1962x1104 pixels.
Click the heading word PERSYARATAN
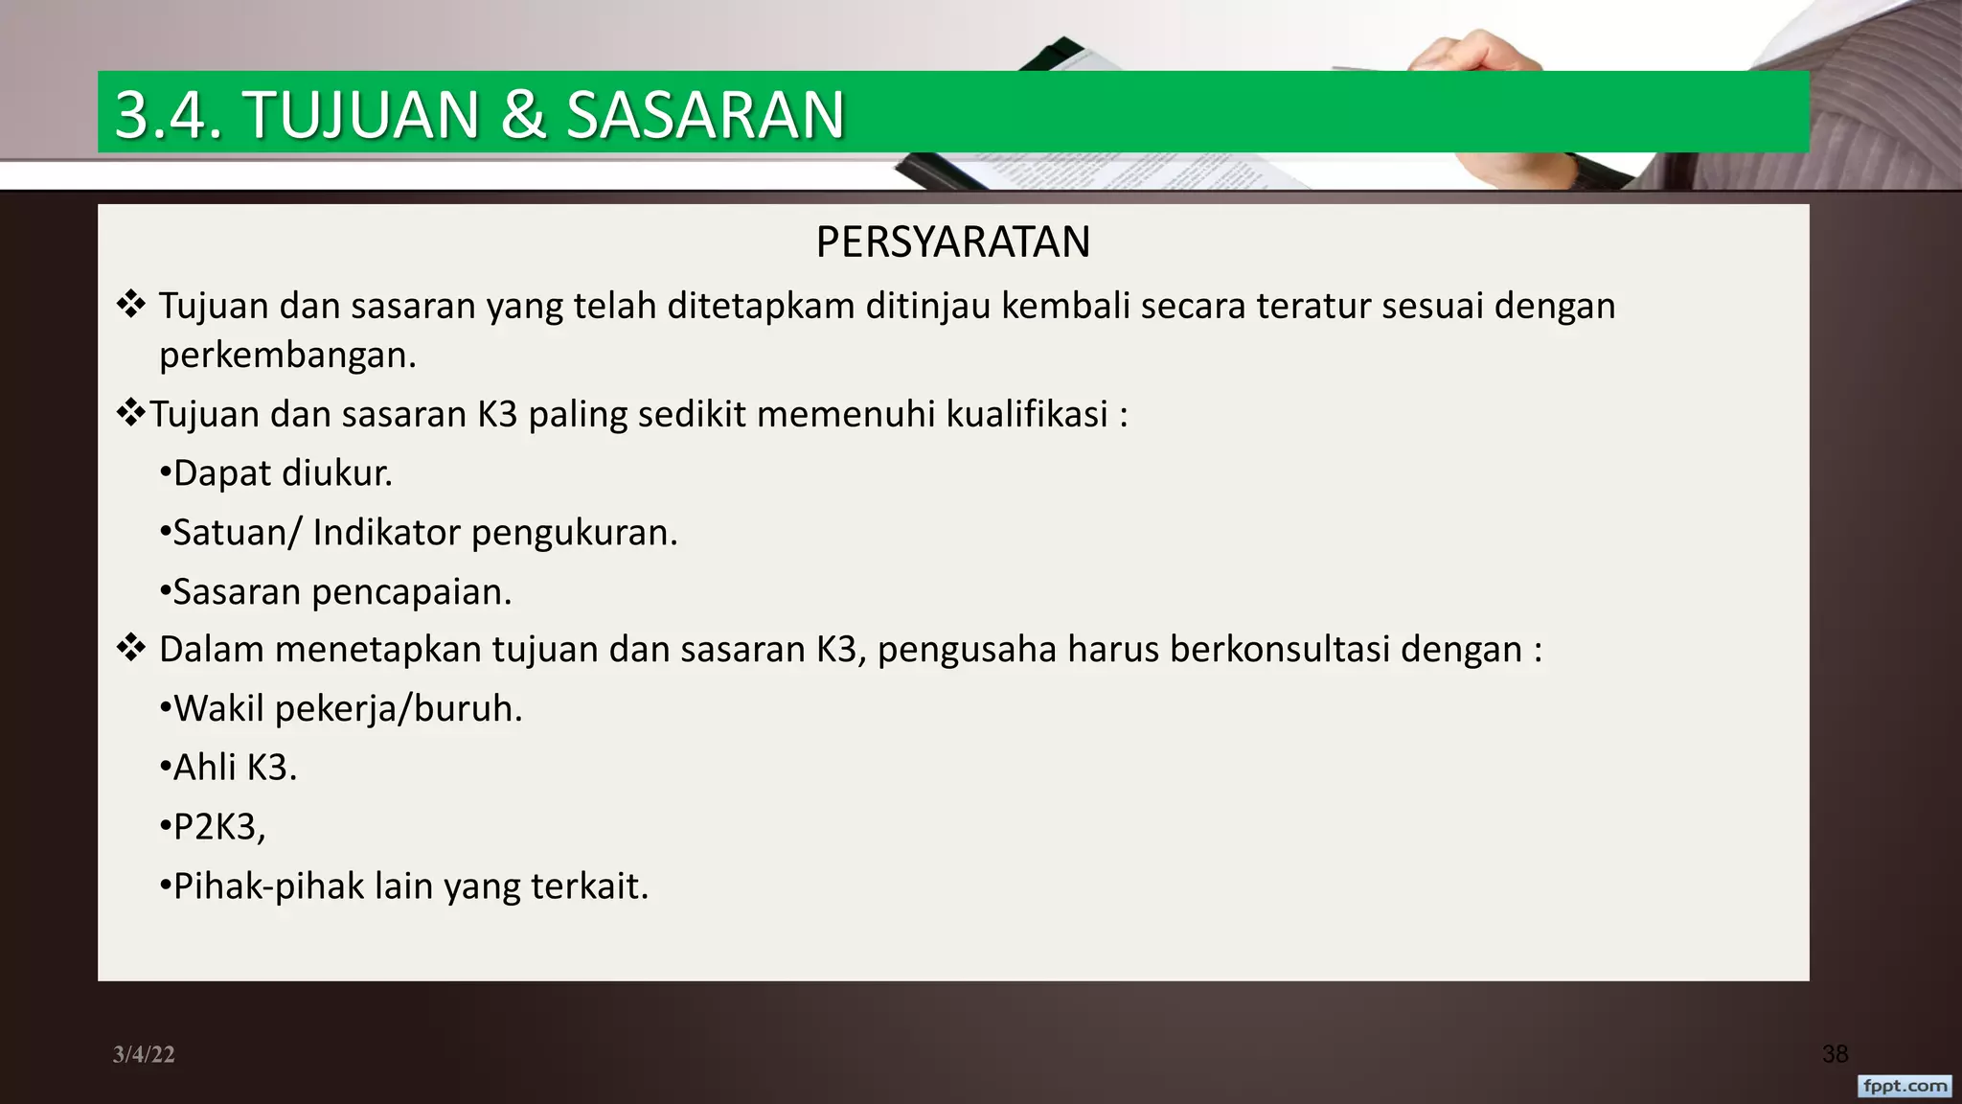[952, 242]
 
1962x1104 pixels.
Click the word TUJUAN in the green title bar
[361, 115]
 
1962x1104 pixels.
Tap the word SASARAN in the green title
[705, 115]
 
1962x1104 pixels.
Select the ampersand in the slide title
[522, 115]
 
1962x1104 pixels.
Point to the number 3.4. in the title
[169, 115]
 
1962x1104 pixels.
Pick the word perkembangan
[287, 356]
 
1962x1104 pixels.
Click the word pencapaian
[412, 593]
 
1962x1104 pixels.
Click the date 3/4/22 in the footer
[144, 1054]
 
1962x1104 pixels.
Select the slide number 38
[1835, 1054]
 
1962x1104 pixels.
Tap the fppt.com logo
[1905, 1086]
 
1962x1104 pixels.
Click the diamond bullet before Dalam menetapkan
[130, 649]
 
